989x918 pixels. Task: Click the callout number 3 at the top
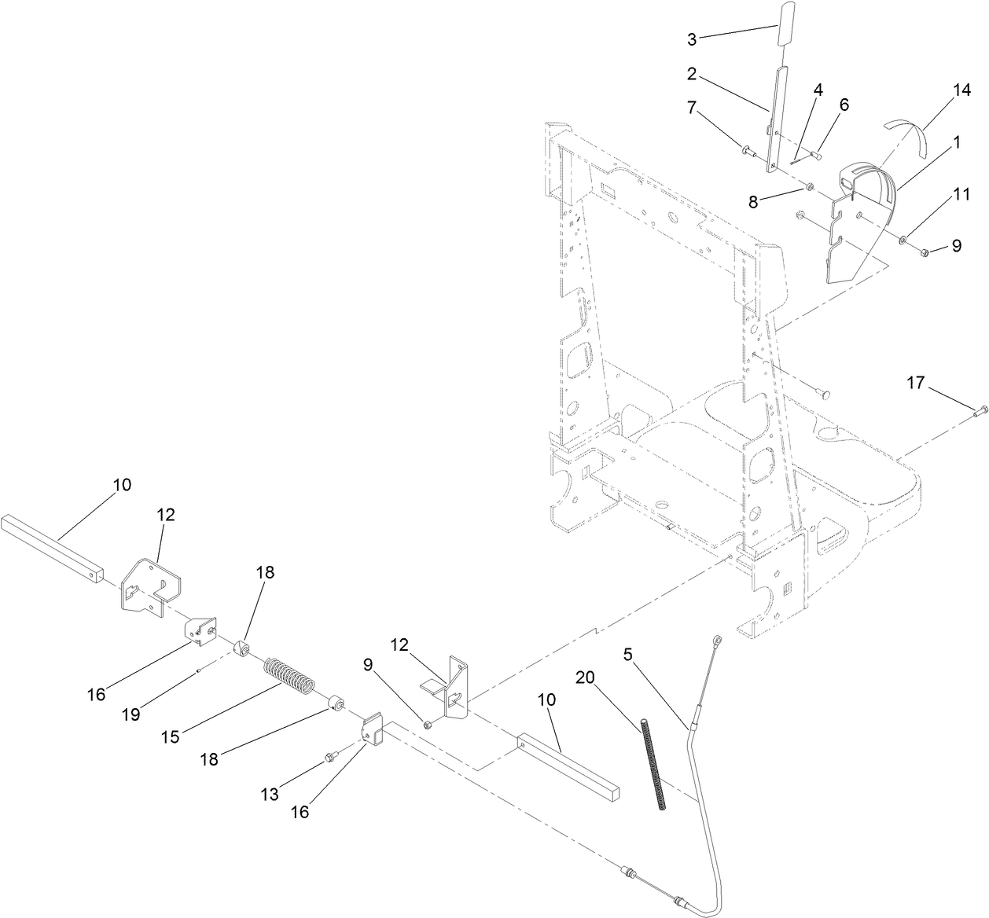point(692,39)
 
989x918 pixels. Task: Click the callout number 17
point(915,384)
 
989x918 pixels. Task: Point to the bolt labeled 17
point(980,410)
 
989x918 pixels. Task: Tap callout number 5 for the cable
point(627,654)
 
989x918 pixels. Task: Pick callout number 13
point(270,795)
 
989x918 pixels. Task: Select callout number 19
point(131,714)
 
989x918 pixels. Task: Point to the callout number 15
point(171,736)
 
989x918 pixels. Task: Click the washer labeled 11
point(903,239)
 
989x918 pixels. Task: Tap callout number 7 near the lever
point(692,107)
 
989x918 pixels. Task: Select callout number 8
point(753,201)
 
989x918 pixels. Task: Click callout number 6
point(844,105)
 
